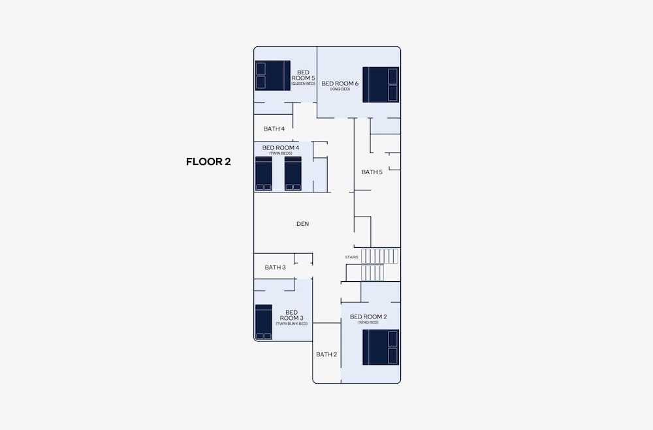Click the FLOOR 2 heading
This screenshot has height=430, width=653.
point(208,162)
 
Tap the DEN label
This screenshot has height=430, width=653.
point(303,224)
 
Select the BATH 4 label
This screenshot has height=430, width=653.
point(274,129)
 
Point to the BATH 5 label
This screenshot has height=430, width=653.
point(372,172)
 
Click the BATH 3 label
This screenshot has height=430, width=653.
point(276,268)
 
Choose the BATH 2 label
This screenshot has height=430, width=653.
point(326,355)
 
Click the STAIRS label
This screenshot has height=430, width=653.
point(351,257)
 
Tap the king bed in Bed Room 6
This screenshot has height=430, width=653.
point(381,85)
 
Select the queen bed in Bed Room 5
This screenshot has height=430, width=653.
point(273,75)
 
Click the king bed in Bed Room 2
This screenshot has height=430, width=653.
point(381,347)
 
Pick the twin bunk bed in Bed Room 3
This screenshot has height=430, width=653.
point(264,322)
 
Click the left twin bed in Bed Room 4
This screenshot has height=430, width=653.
point(264,174)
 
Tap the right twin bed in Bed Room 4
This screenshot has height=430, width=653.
point(293,174)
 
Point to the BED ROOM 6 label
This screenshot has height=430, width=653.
point(340,84)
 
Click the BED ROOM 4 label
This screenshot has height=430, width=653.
point(281,147)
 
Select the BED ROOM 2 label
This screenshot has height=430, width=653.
point(368,316)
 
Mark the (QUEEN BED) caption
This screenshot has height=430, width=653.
point(303,84)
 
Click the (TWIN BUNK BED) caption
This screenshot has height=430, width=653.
point(291,324)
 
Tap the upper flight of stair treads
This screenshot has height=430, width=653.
point(380,256)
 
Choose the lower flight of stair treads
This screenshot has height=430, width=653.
point(372,273)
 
